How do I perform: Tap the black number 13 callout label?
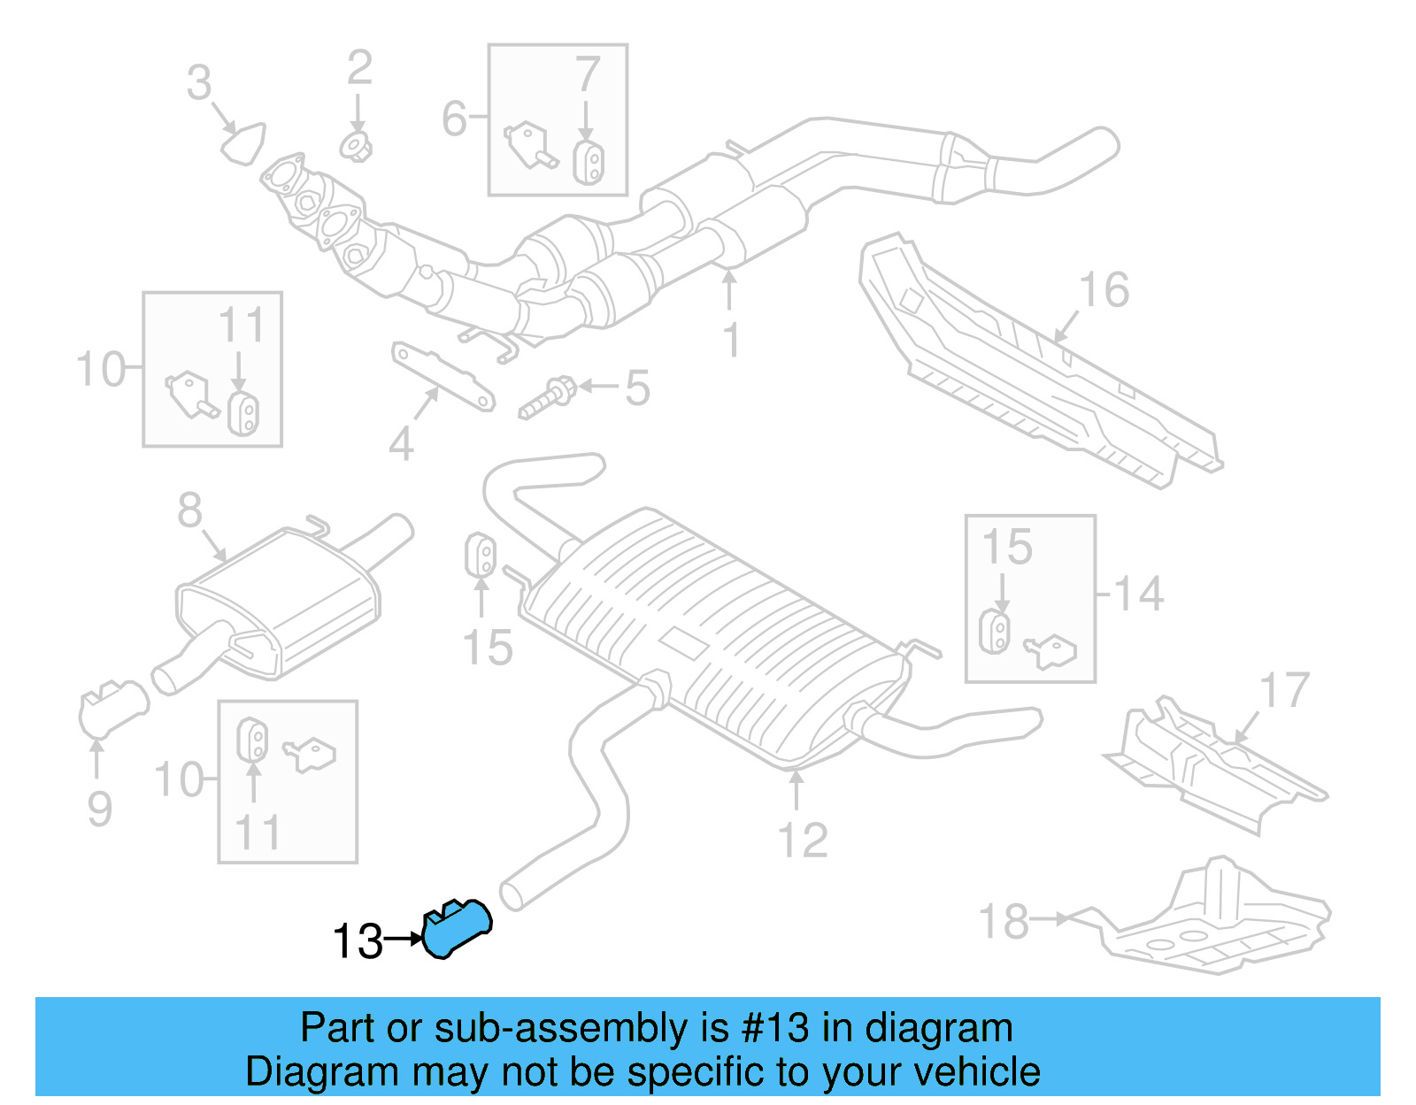click(358, 941)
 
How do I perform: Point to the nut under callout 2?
click(357, 146)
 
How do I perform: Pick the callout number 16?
click(1104, 290)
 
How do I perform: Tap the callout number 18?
click(1004, 921)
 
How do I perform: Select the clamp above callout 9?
click(112, 708)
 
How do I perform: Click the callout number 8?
click(189, 510)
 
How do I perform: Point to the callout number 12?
click(803, 840)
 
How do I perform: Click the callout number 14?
click(1138, 594)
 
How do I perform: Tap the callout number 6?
click(454, 119)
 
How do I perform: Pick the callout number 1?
click(731, 340)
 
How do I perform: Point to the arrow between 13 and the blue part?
click(405, 939)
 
